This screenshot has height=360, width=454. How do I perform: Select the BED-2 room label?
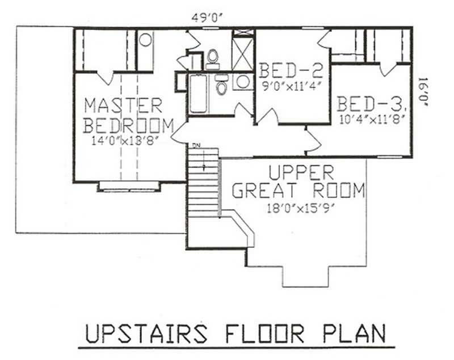click(291, 71)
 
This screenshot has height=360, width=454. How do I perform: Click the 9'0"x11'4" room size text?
click(291, 87)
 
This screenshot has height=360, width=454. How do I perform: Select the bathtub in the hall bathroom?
click(199, 94)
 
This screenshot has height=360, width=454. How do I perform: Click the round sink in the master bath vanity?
click(146, 40)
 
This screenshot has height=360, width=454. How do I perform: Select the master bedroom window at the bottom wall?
click(129, 185)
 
